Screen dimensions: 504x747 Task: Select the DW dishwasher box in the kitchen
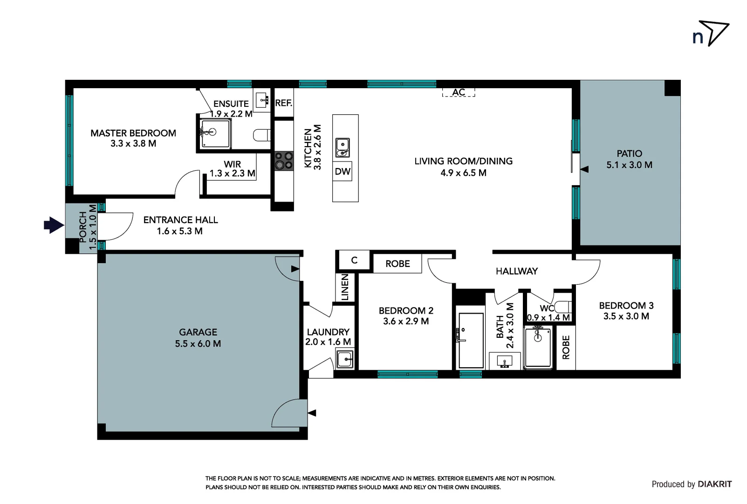point(343,171)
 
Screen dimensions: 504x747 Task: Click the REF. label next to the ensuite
point(283,103)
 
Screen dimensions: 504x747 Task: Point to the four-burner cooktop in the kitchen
point(283,161)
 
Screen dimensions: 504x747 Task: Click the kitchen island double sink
point(343,148)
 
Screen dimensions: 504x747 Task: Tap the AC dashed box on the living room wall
point(459,92)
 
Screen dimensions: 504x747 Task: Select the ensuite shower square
point(214,133)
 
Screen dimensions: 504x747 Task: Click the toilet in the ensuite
point(262,135)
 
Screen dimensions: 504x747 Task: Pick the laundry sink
point(345,359)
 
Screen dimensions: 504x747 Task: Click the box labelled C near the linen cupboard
point(354,260)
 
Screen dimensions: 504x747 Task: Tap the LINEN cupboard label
point(345,287)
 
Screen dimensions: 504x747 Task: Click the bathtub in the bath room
point(471,341)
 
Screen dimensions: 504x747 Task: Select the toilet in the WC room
point(563,307)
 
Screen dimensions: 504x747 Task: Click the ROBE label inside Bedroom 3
point(566,348)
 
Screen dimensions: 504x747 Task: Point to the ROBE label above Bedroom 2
point(397,264)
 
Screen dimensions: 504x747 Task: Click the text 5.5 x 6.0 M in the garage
point(198,343)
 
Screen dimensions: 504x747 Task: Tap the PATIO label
point(629,154)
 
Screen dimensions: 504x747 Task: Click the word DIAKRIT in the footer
point(715,484)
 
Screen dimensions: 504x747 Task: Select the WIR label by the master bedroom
point(232,164)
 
